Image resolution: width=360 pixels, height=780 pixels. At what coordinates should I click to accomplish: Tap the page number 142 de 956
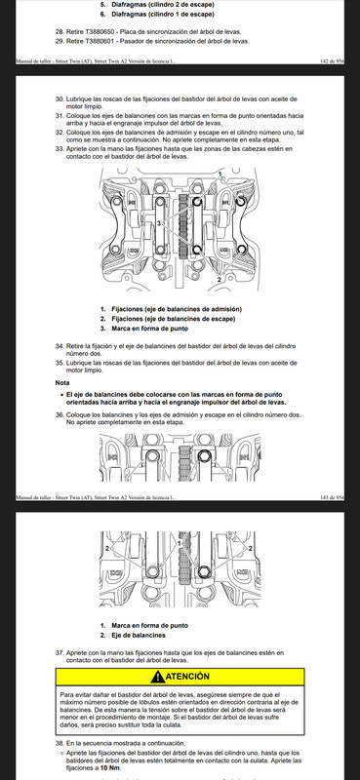pyautogui.click(x=332, y=61)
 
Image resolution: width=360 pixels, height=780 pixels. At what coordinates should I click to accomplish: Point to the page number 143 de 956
pyautogui.click(x=332, y=497)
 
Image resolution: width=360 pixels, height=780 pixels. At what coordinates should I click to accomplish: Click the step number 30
pyautogui.click(x=60, y=99)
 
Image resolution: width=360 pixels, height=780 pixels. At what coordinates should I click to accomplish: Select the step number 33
pyautogui.click(x=60, y=149)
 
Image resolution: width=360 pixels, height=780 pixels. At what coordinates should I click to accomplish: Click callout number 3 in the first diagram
pyautogui.click(x=159, y=224)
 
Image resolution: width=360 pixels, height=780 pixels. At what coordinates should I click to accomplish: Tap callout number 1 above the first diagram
pyautogui.click(x=220, y=173)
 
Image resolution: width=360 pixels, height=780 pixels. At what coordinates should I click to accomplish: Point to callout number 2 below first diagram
pyautogui.click(x=219, y=280)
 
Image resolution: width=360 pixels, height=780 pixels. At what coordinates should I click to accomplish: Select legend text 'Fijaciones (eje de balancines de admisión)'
pyautogui.click(x=177, y=309)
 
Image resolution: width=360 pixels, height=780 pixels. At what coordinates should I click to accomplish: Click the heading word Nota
pyautogui.click(x=62, y=383)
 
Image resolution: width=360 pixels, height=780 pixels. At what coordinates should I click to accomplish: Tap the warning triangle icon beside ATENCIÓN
pyautogui.click(x=157, y=677)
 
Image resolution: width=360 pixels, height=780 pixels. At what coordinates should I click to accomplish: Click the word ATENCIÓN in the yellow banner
pyautogui.click(x=187, y=677)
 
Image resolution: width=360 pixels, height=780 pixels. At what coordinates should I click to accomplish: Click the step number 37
pyautogui.click(x=60, y=652)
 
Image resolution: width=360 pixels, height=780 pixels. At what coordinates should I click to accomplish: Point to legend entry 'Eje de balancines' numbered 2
pyautogui.click(x=139, y=636)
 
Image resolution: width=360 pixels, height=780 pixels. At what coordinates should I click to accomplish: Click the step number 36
pyautogui.click(x=60, y=414)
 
